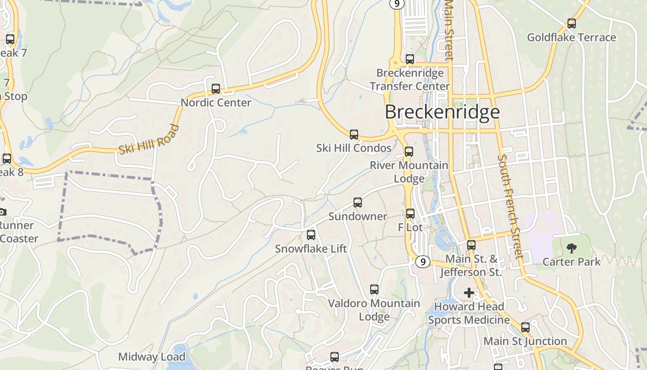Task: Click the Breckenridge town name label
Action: (442, 112)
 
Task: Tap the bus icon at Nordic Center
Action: (216, 89)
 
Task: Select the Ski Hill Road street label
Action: (148, 140)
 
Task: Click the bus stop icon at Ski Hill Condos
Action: (354, 135)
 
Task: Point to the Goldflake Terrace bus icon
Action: (572, 24)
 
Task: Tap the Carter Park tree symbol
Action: (572, 248)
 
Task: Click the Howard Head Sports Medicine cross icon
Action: (469, 293)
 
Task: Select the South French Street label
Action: (510, 206)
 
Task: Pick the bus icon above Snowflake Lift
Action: (311, 235)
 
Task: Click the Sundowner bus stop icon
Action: (358, 203)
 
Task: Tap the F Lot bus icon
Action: (410, 214)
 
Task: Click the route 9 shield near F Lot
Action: (422, 262)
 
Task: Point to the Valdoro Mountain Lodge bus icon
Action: (374, 290)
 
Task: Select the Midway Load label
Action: (152, 357)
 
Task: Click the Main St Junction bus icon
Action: (525, 327)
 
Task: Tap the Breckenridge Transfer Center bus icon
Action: (410, 59)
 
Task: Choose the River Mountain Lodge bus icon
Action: (409, 152)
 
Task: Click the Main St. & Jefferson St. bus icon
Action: (471, 245)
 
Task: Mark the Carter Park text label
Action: (571, 262)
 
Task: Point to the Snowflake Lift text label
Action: (311, 249)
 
